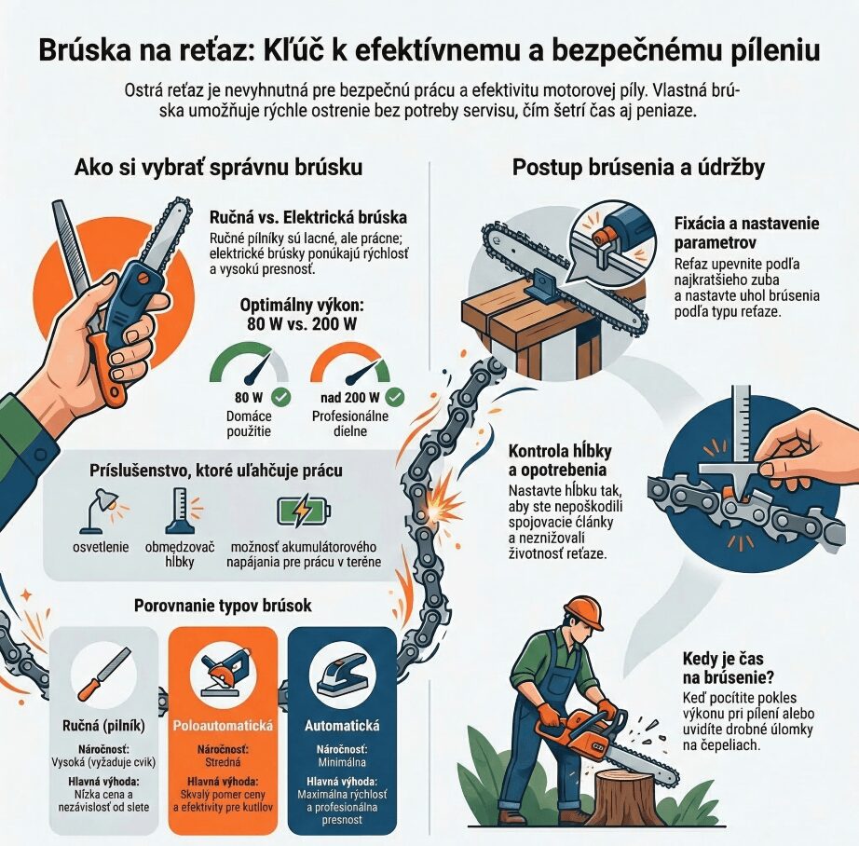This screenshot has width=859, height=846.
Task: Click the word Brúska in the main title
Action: pyautogui.click(x=86, y=50)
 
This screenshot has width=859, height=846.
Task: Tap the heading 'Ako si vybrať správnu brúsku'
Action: pyautogui.click(x=218, y=167)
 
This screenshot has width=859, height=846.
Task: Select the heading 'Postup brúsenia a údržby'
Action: pyautogui.click(x=638, y=167)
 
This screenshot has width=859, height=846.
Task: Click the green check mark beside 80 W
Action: pyautogui.click(x=281, y=397)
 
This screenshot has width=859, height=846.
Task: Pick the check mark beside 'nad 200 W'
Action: pyautogui.click(x=395, y=397)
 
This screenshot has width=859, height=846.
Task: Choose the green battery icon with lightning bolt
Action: pyautogui.click(x=304, y=512)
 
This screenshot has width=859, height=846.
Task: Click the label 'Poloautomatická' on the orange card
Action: pyautogui.click(x=223, y=726)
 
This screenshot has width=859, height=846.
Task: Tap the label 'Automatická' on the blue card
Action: pyautogui.click(x=342, y=726)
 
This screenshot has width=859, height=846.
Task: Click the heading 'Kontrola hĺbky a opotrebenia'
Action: pyautogui.click(x=560, y=460)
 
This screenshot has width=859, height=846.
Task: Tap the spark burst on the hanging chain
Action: pyautogui.click(x=442, y=507)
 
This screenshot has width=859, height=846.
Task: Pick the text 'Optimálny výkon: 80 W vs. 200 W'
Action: pyautogui.click(x=302, y=315)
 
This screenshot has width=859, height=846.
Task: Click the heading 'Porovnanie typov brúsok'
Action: pyautogui.click(x=223, y=606)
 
